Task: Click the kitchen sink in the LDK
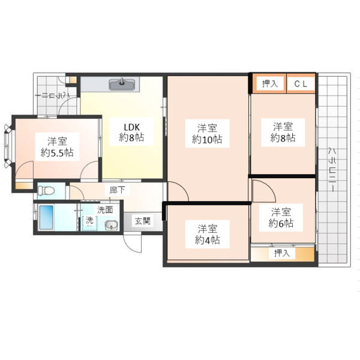pyautogui.click(x=122, y=84)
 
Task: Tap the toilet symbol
pyautogui.click(x=46, y=191)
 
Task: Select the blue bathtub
pyautogui.click(x=47, y=217)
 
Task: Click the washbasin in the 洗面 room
pyautogui.click(x=112, y=225)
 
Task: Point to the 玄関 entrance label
pyautogui.click(x=143, y=221)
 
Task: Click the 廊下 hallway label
pyautogui.click(x=117, y=190)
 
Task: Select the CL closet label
pyautogui.click(x=301, y=84)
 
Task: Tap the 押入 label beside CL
pyautogui.click(x=270, y=83)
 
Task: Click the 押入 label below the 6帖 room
pyautogui.click(x=282, y=253)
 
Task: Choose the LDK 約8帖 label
pyautogui.click(x=131, y=132)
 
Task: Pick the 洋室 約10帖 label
pyautogui.click(x=207, y=134)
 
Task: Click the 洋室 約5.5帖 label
pyautogui.click(x=57, y=147)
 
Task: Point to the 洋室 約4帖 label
pyautogui.click(x=208, y=235)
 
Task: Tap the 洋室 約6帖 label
pyautogui.click(x=281, y=217)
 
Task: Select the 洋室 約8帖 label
pyautogui.click(x=283, y=132)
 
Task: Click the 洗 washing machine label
pyautogui.click(x=89, y=220)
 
